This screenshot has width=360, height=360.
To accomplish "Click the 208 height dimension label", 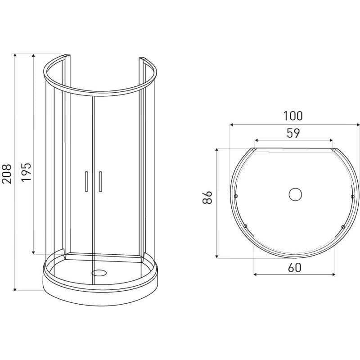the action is (x=7, y=174).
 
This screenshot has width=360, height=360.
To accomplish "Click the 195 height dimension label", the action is (x=26, y=172).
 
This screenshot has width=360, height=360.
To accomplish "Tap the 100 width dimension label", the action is (x=293, y=116).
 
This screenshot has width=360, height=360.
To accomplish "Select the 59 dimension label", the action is (x=293, y=133).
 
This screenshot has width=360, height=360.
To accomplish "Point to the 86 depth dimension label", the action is (x=207, y=197).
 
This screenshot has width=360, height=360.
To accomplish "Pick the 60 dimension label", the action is (x=294, y=268).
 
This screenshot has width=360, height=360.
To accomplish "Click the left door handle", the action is (x=86, y=181).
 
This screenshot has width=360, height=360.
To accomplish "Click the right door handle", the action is (x=100, y=181).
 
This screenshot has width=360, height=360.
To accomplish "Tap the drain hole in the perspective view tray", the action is (x=99, y=273).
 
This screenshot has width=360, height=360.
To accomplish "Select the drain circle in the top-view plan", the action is (x=295, y=194).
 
